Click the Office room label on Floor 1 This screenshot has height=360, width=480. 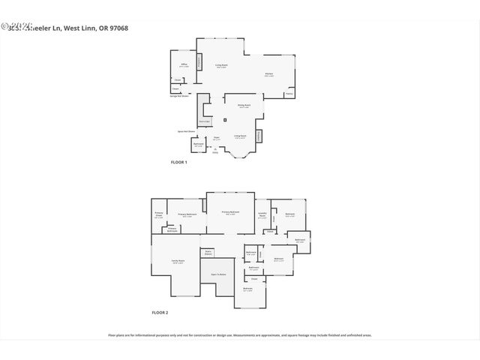point(184,65)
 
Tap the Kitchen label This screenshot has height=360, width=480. point(268,73)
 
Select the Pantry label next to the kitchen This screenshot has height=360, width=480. point(289,94)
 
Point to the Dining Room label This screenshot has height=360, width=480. point(244,106)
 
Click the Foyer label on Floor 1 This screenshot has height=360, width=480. point(216,138)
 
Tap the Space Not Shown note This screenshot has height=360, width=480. point(186,131)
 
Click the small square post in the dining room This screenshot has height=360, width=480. point(225,119)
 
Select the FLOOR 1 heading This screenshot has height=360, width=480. point(178,162)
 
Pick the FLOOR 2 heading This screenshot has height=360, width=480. point(160,312)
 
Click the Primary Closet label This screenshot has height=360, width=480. point(159,216)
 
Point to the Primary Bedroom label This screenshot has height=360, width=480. point(187,216)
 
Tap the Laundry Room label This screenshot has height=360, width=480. point(262,215)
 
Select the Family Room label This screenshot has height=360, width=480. point(178,261)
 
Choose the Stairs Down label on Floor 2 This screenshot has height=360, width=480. point(208,253)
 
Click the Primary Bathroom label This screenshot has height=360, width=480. point(172,229)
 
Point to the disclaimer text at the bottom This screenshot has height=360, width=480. point(240,335)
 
